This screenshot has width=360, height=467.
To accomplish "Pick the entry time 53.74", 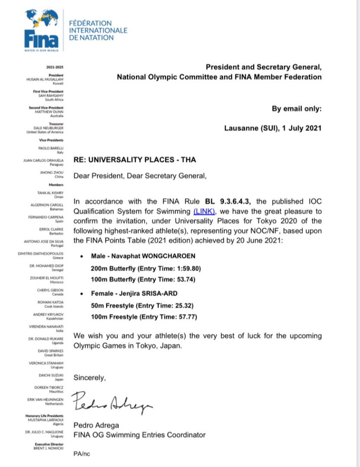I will [186, 280].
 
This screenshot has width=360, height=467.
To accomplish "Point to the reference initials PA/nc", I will [82, 454].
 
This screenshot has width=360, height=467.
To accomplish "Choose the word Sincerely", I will [89, 377].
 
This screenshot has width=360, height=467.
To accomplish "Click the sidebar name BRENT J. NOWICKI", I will [48, 448].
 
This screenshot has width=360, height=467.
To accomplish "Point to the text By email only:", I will [296, 109].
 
